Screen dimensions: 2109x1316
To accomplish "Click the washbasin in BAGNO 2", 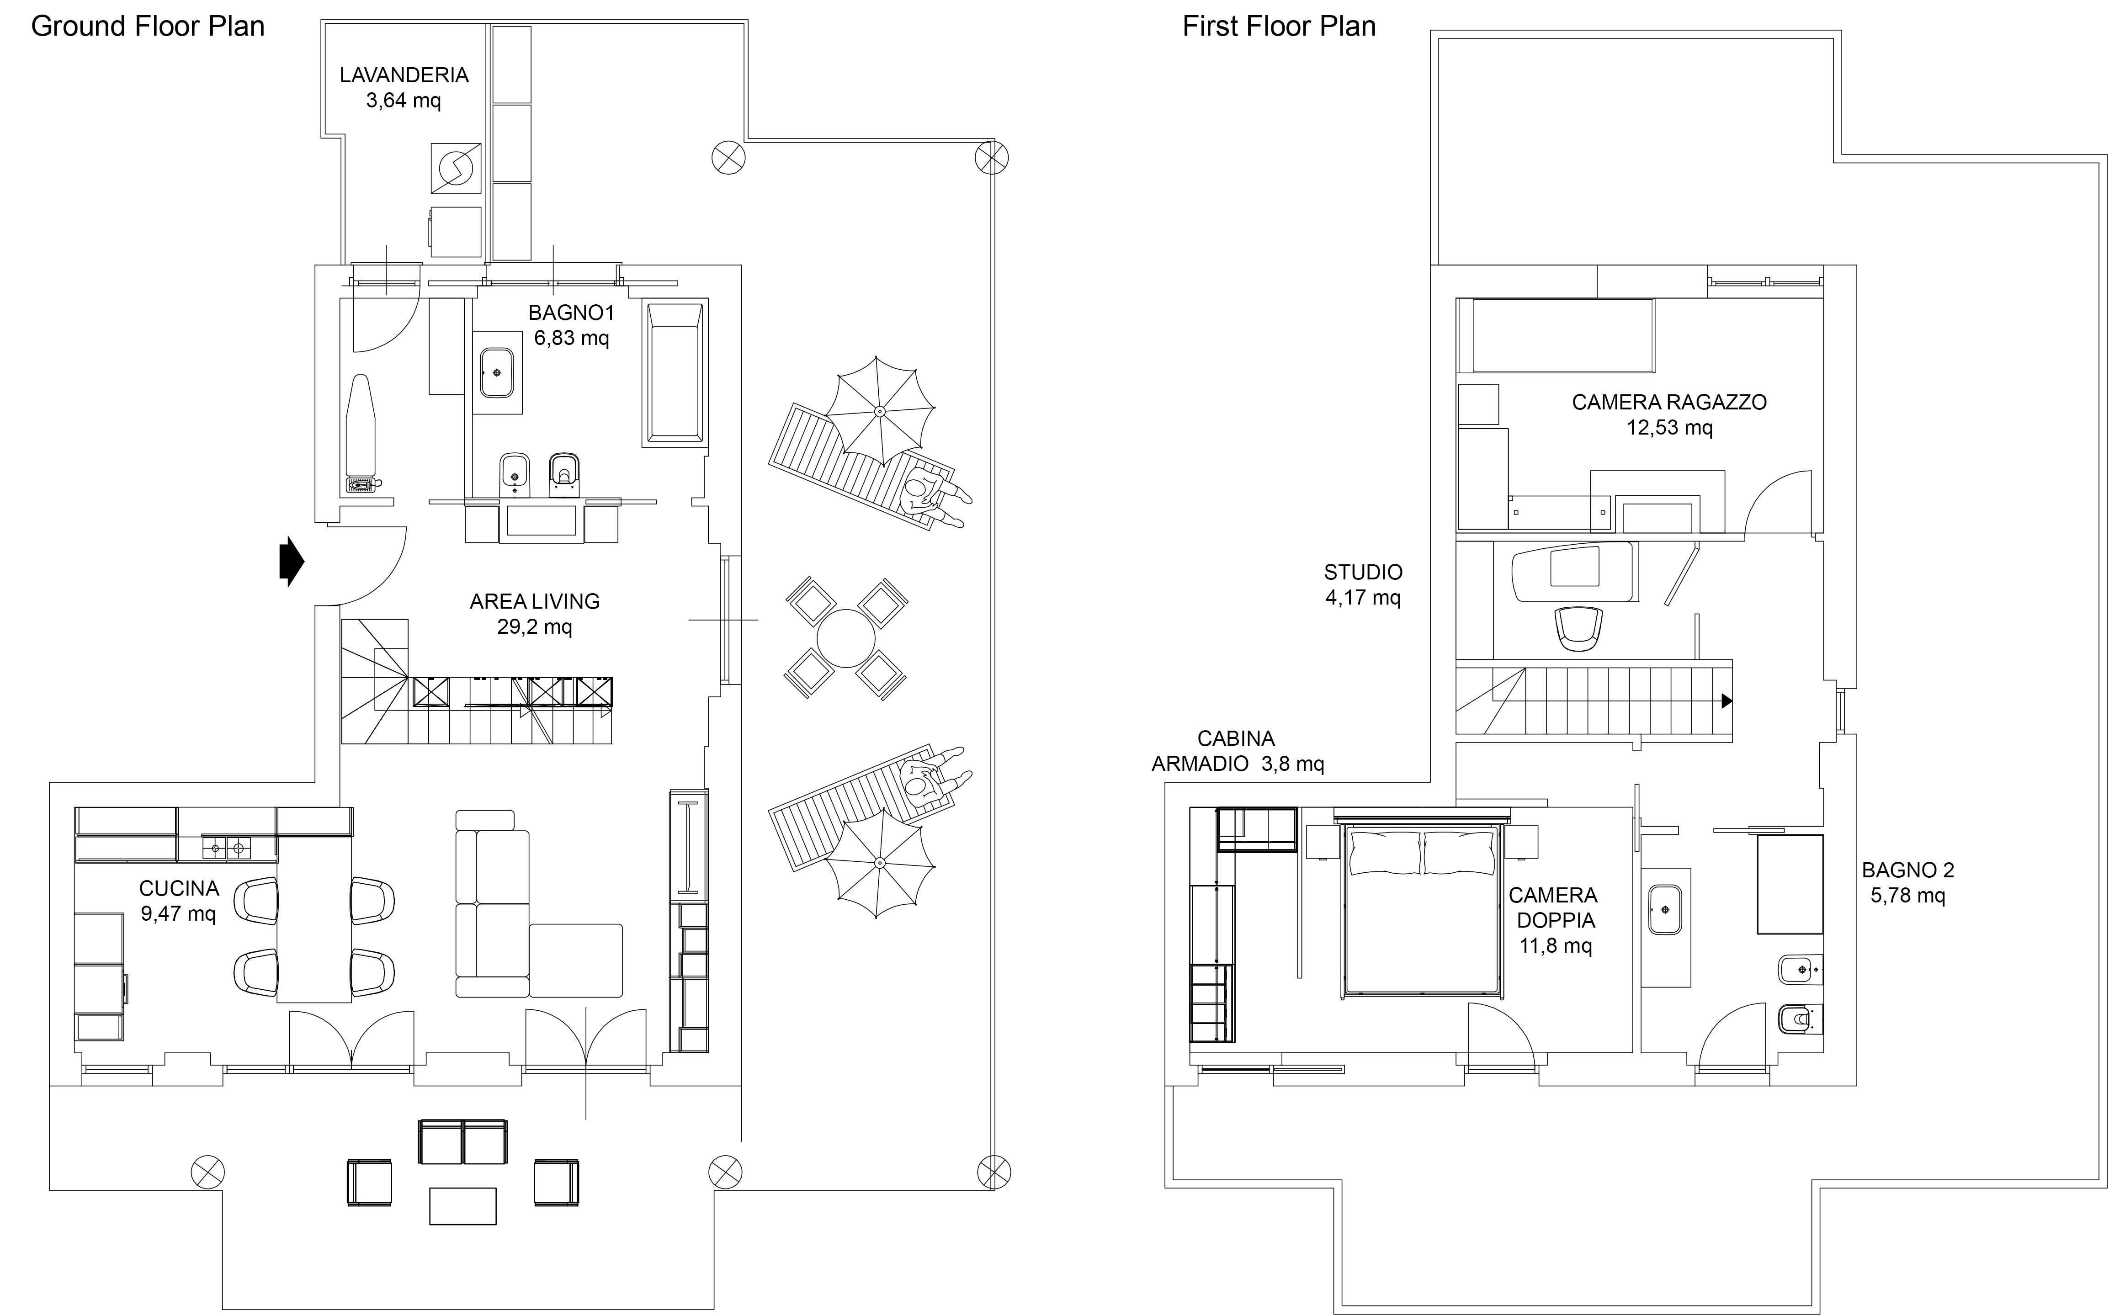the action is [1665, 909].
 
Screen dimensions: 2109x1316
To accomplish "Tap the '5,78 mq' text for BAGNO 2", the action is [1908, 895].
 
